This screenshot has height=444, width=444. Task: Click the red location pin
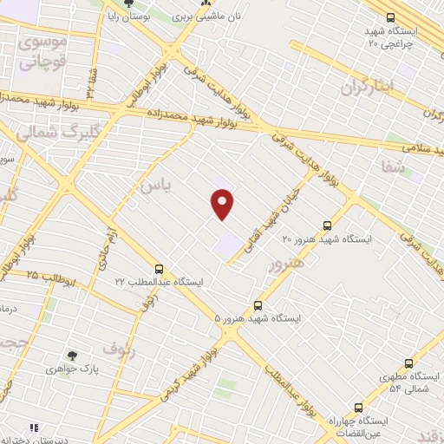(223, 204)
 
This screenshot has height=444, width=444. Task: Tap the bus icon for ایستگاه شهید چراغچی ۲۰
(391, 17)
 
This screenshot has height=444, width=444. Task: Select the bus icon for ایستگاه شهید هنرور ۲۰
(327, 223)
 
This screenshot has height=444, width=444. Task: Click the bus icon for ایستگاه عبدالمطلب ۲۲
(158, 269)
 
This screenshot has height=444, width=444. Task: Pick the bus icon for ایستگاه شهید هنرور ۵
(258, 305)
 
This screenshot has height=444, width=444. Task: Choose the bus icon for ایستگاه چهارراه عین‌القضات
(357, 408)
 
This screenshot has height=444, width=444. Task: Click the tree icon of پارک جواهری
(73, 356)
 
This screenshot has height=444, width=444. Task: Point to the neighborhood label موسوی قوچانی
(41, 51)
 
